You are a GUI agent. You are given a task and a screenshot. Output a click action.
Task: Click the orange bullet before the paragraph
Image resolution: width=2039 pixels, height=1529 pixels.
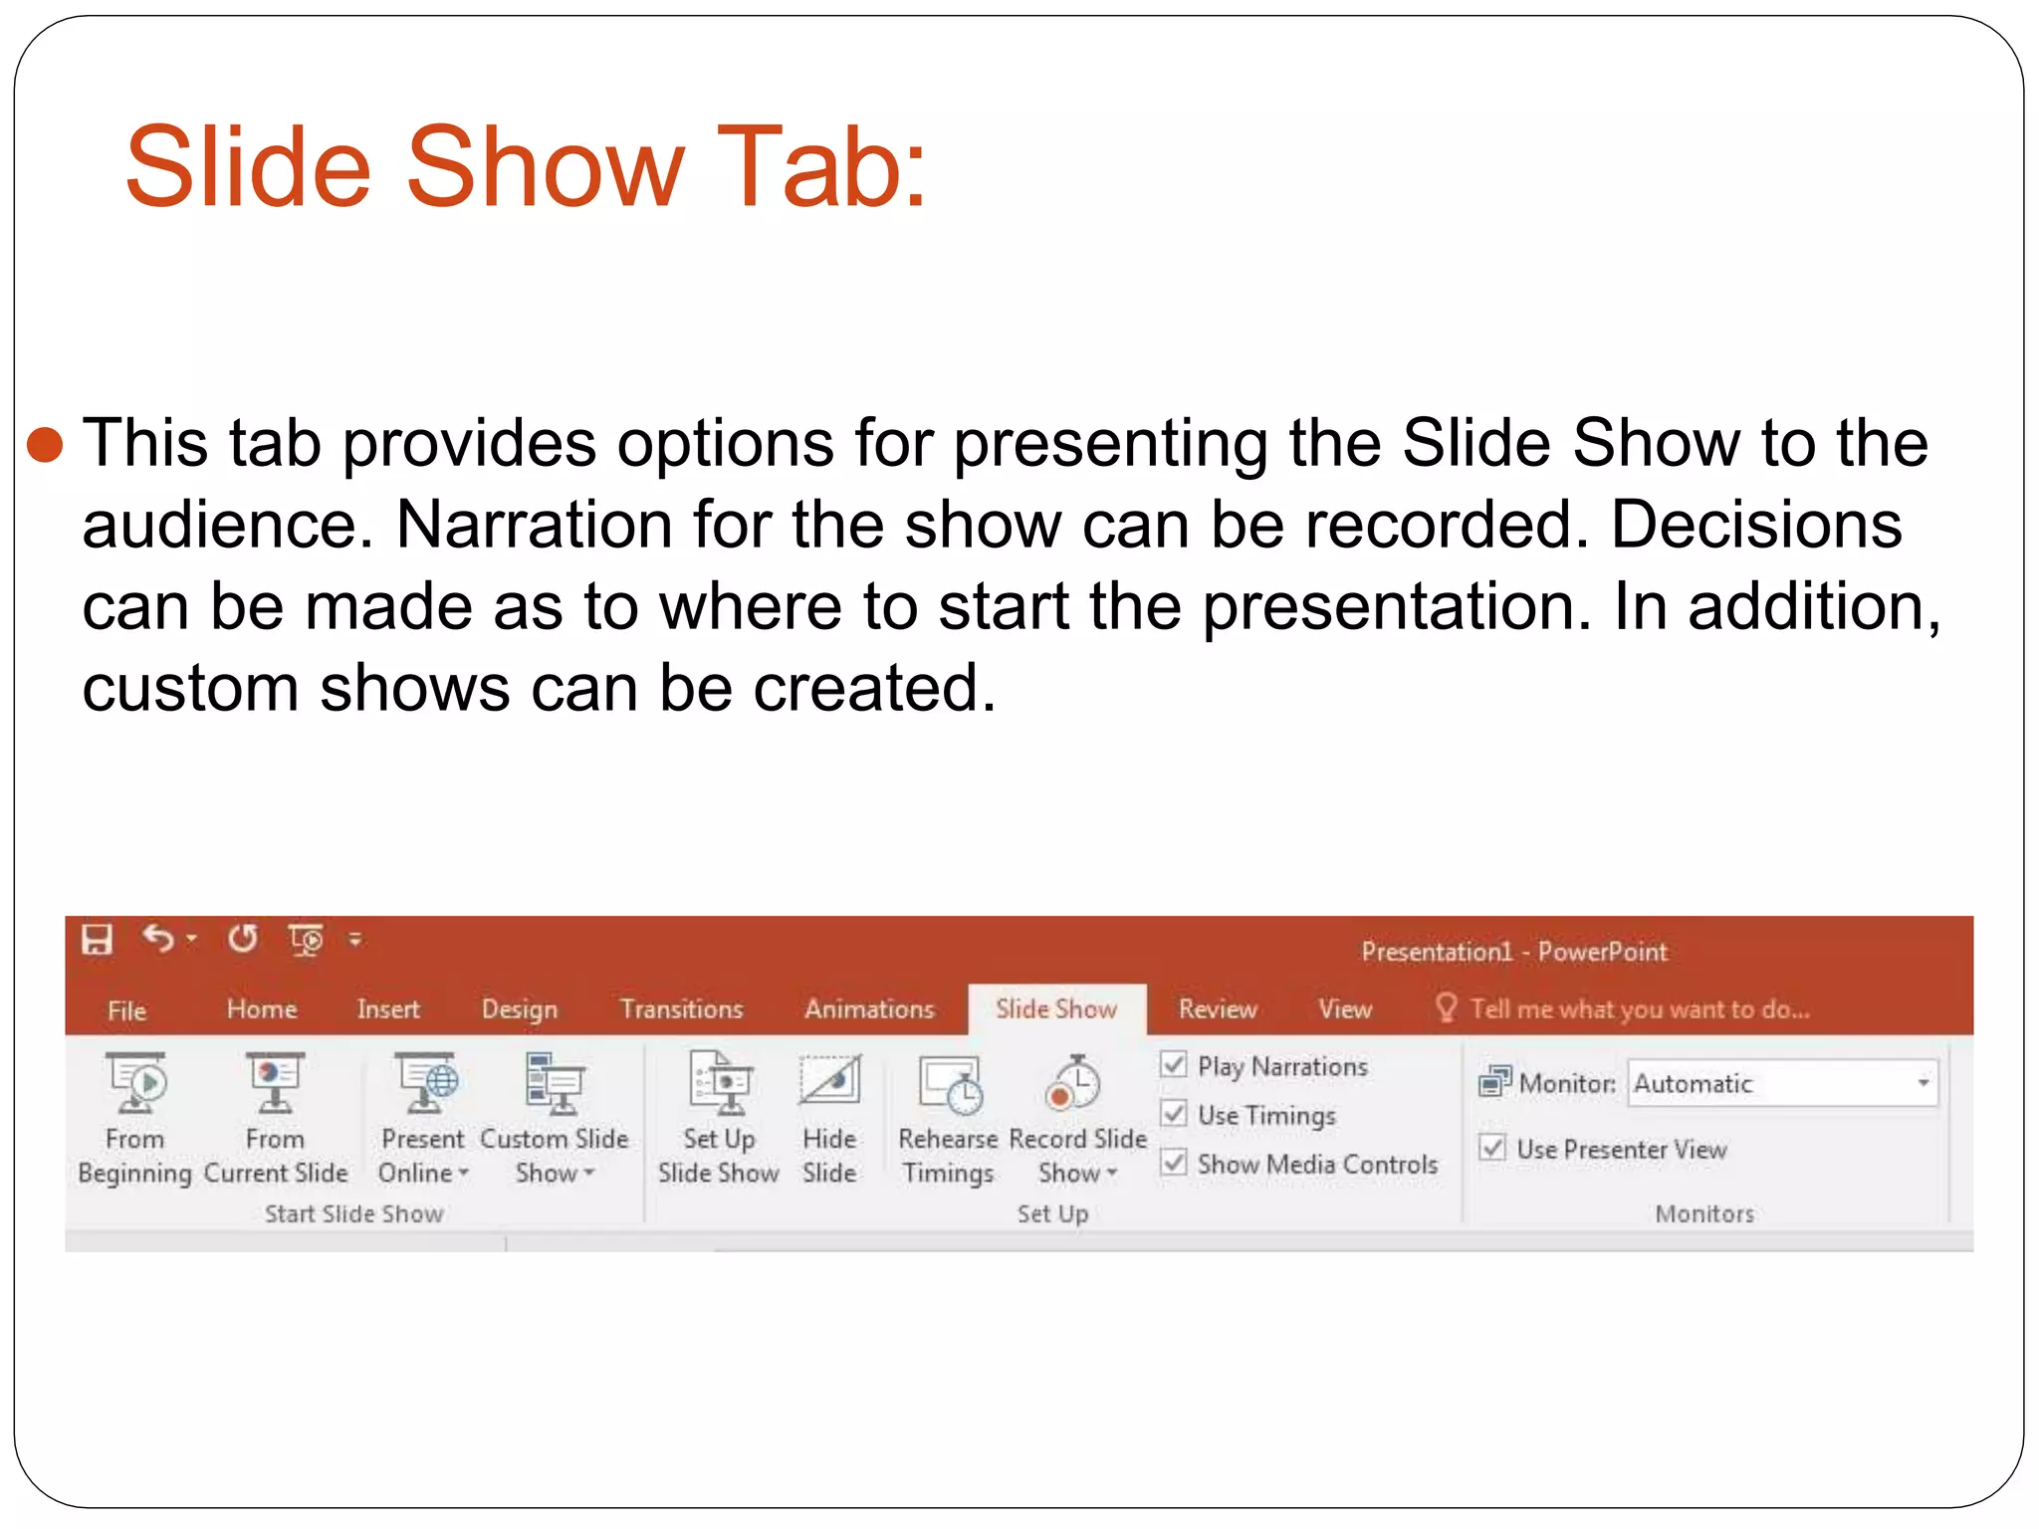tap(46, 445)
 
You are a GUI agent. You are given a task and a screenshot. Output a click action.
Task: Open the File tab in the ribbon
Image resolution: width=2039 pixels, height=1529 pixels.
tap(126, 1010)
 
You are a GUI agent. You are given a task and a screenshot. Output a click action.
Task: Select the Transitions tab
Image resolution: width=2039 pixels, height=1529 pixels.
tap(681, 1009)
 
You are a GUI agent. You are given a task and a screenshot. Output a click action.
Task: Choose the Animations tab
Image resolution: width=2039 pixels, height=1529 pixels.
tap(869, 1009)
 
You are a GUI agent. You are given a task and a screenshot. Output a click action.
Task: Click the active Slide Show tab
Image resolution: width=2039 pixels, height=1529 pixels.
tap(1055, 1009)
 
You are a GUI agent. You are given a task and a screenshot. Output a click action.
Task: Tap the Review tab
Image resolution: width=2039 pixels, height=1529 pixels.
tap(1218, 1009)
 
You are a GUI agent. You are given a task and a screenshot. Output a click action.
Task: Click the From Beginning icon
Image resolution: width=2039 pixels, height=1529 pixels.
tap(136, 1084)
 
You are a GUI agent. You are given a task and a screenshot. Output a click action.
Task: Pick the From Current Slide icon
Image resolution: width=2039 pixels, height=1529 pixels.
tap(275, 1084)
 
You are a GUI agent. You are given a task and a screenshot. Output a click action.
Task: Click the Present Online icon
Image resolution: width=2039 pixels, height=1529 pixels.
tap(425, 1084)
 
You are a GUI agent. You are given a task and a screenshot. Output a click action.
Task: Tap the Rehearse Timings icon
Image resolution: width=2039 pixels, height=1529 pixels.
tap(950, 1084)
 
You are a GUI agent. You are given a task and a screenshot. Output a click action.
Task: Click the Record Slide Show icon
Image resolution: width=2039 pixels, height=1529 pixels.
tap(1074, 1084)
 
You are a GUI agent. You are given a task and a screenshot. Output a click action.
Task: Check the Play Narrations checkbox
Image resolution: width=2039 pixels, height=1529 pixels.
tap(1175, 1065)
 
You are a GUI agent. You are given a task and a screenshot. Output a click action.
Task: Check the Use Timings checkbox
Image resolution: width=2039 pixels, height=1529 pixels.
tap(1175, 1114)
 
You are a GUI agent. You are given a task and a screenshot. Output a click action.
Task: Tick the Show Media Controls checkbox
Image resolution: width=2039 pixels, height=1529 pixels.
tap(1175, 1163)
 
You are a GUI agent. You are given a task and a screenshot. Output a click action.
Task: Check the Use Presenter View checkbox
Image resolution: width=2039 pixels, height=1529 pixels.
tap(1492, 1148)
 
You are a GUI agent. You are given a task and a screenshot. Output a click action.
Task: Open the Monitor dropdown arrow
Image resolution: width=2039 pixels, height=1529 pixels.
tap(1923, 1083)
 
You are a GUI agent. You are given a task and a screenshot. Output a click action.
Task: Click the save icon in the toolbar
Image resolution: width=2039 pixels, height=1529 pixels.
tap(97, 939)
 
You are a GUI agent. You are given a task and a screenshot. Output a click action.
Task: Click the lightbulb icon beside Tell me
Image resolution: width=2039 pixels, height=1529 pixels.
tap(1446, 1007)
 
